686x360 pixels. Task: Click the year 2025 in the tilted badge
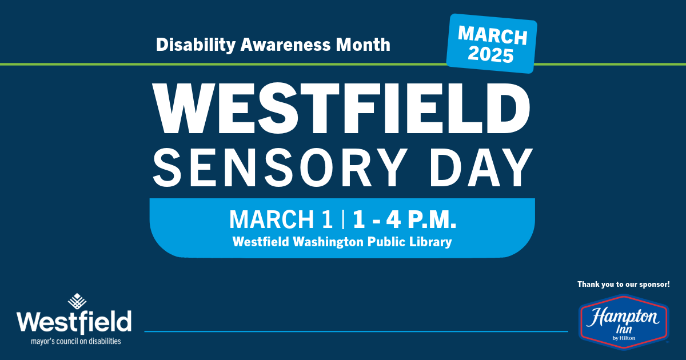490,56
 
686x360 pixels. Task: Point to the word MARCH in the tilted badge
493,36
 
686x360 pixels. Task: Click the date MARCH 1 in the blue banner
281,219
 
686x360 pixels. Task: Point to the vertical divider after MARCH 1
343,219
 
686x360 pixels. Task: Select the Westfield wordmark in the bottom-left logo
74,323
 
